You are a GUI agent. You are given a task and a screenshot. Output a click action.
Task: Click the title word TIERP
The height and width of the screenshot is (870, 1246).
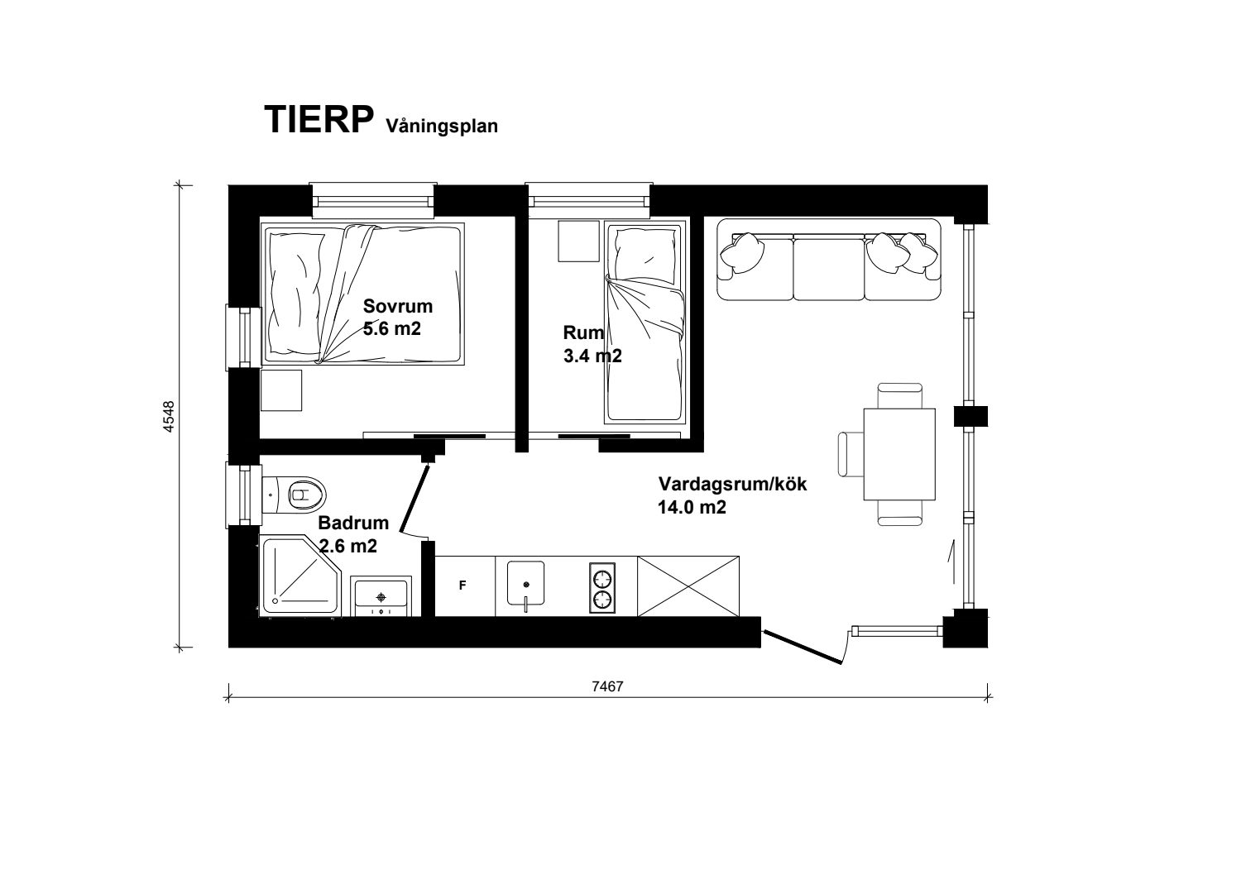[x=319, y=120]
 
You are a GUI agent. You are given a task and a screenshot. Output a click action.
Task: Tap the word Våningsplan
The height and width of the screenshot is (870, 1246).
[x=442, y=127]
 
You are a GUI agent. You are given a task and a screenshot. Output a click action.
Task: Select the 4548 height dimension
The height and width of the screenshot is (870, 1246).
[x=169, y=417]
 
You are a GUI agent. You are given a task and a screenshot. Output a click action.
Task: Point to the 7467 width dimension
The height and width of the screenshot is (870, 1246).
[x=607, y=686]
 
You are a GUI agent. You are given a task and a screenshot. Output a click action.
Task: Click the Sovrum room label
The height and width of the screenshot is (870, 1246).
[x=398, y=306]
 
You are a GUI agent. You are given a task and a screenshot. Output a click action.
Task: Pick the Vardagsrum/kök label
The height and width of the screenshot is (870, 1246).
[x=732, y=484]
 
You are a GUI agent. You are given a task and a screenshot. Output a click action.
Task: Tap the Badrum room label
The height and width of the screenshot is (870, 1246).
[x=353, y=523]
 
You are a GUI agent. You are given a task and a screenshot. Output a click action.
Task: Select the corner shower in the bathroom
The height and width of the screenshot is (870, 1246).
[x=300, y=576]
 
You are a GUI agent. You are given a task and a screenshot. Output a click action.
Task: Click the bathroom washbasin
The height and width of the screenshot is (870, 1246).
[x=381, y=596]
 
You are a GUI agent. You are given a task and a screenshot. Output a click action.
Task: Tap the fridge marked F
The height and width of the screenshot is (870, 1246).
[x=465, y=586]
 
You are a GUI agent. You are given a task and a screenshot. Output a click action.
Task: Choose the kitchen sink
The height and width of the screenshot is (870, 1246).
[x=525, y=585]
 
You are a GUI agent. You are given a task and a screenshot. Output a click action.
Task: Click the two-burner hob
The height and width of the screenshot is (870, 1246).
[x=602, y=588]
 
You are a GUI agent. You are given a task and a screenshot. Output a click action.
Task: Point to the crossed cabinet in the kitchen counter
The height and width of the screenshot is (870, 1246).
[x=688, y=586]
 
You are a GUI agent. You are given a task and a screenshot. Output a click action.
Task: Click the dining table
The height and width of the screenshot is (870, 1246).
[x=899, y=454]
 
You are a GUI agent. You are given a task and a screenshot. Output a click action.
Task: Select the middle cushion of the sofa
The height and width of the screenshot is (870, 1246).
[x=829, y=268]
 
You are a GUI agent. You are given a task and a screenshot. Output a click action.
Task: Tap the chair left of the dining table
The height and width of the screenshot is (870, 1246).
[x=851, y=454]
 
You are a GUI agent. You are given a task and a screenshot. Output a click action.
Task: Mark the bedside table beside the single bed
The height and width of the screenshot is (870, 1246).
[x=579, y=241]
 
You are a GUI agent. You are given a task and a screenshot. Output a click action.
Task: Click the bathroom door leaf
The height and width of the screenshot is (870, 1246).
[x=415, y=500]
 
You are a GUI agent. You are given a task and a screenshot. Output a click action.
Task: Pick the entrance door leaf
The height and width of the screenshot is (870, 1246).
[x=803, y=647]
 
